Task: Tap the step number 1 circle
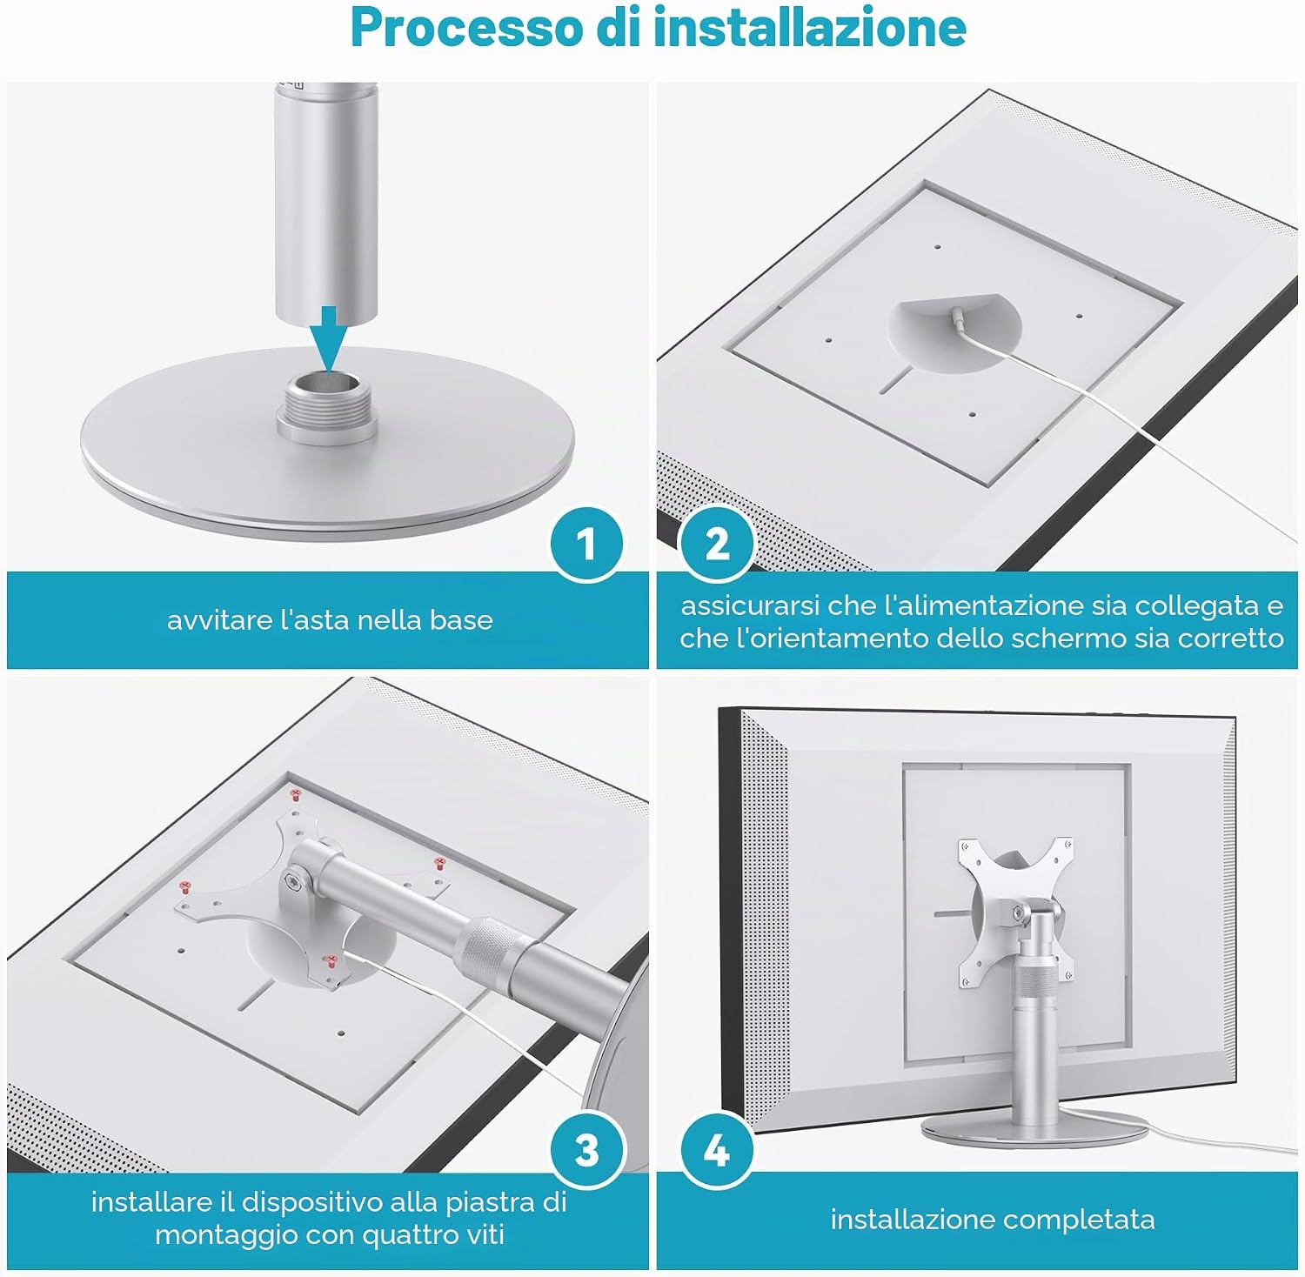tap(586, 544)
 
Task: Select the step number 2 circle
tap(717, 544)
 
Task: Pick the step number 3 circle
tap(586, 1150)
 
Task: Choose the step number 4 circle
tap(717, 1150)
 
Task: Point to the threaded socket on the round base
tap(325, 404)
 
